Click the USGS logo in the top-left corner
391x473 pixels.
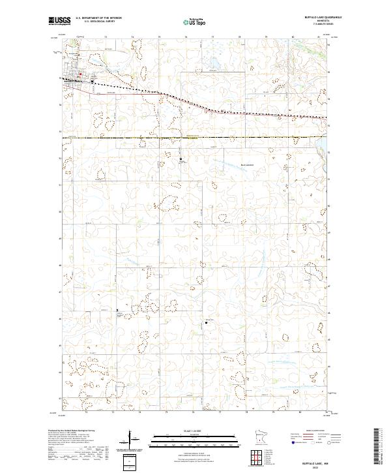point(58,22)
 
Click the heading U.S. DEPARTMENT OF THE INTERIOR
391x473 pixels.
point(99,18)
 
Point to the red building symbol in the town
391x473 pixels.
point(81,74)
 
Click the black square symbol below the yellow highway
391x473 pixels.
point(181,157)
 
